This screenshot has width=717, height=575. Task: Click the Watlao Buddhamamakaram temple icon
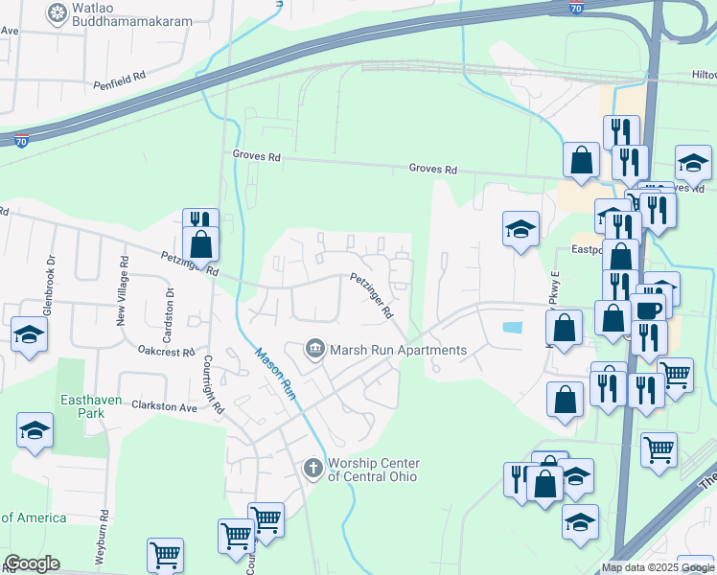(58, 13)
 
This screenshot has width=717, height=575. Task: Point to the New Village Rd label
(123, 290)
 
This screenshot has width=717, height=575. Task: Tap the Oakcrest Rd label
(166, 352)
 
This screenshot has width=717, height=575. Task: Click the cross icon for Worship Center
(312, 469)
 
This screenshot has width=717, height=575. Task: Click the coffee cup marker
(647, 309)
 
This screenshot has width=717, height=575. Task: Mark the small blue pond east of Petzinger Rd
(512, 328)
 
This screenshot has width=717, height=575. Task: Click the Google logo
(32, 563)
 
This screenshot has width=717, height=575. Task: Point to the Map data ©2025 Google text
(659, 567)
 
